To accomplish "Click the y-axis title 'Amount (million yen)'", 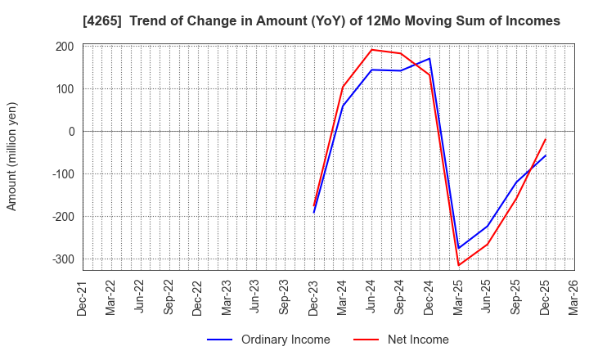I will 12,156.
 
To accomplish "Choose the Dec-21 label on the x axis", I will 83,297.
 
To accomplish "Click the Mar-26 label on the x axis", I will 573,297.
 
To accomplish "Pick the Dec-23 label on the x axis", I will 313,297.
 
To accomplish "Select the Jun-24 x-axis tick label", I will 371,297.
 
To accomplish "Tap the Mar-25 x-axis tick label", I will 458,297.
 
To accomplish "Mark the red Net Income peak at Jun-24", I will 371,50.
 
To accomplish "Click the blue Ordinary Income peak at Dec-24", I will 429,58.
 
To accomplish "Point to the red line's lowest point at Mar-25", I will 458,265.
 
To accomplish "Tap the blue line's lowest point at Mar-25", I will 458,248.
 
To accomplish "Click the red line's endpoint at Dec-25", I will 545,139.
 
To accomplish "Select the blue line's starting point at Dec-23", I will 313,213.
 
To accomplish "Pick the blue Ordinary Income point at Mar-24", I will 343,106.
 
